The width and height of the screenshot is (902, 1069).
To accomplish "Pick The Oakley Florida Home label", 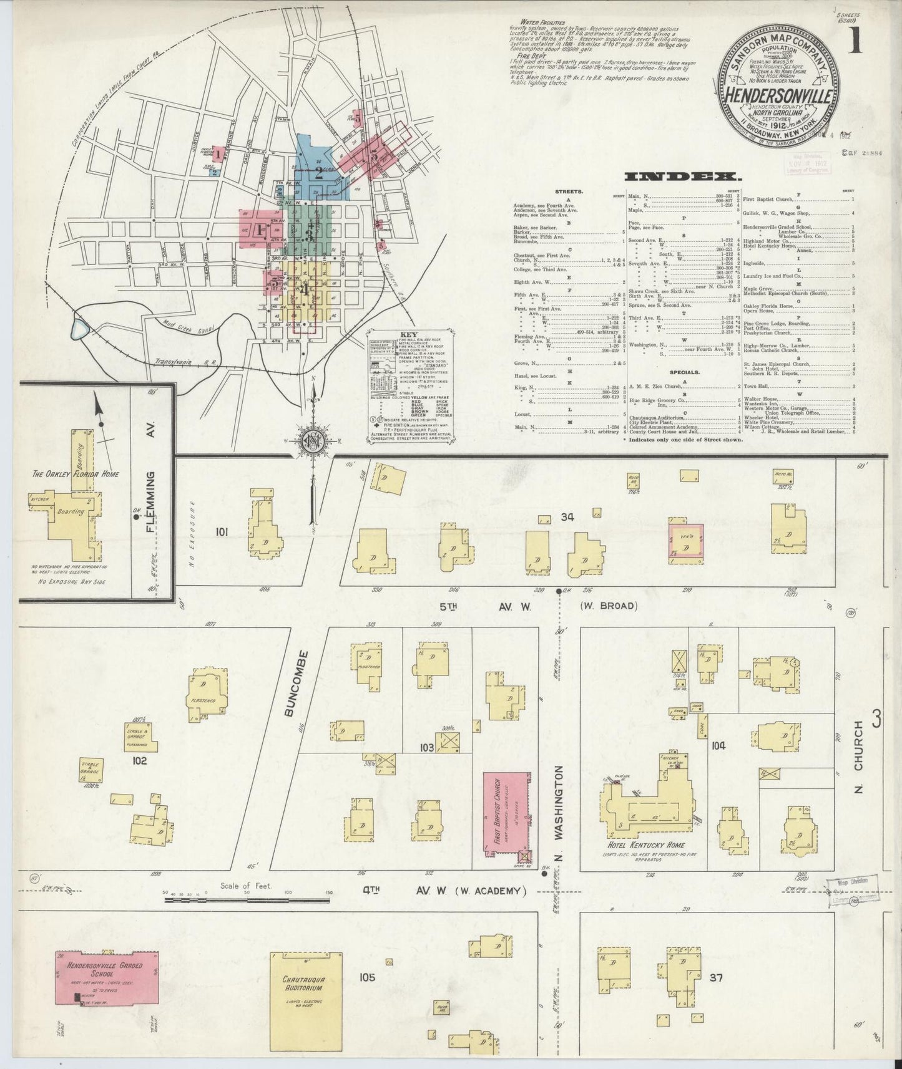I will click(76, 473).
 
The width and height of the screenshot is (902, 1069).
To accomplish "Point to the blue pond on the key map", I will click(81, 328).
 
